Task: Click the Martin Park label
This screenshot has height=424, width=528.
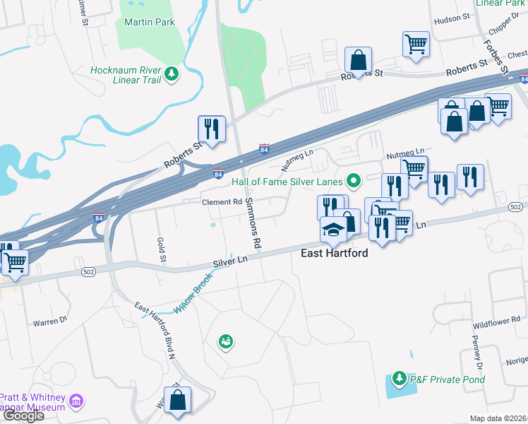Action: click(x=149, y=22)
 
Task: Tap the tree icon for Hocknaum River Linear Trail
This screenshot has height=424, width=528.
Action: click(x=171, y=73)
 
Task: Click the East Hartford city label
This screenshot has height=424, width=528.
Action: click(x=335, y=253)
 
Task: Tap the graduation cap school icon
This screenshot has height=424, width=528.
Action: click(x=334, y=230)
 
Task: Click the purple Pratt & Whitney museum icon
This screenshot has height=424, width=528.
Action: click(x=76, y=402)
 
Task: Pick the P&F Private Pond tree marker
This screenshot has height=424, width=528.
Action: click(x=399, y=379)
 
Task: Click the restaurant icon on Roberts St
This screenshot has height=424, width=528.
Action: click(x=212, y=129)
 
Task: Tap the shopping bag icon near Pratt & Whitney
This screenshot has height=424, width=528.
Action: click(x=178, y=399)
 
